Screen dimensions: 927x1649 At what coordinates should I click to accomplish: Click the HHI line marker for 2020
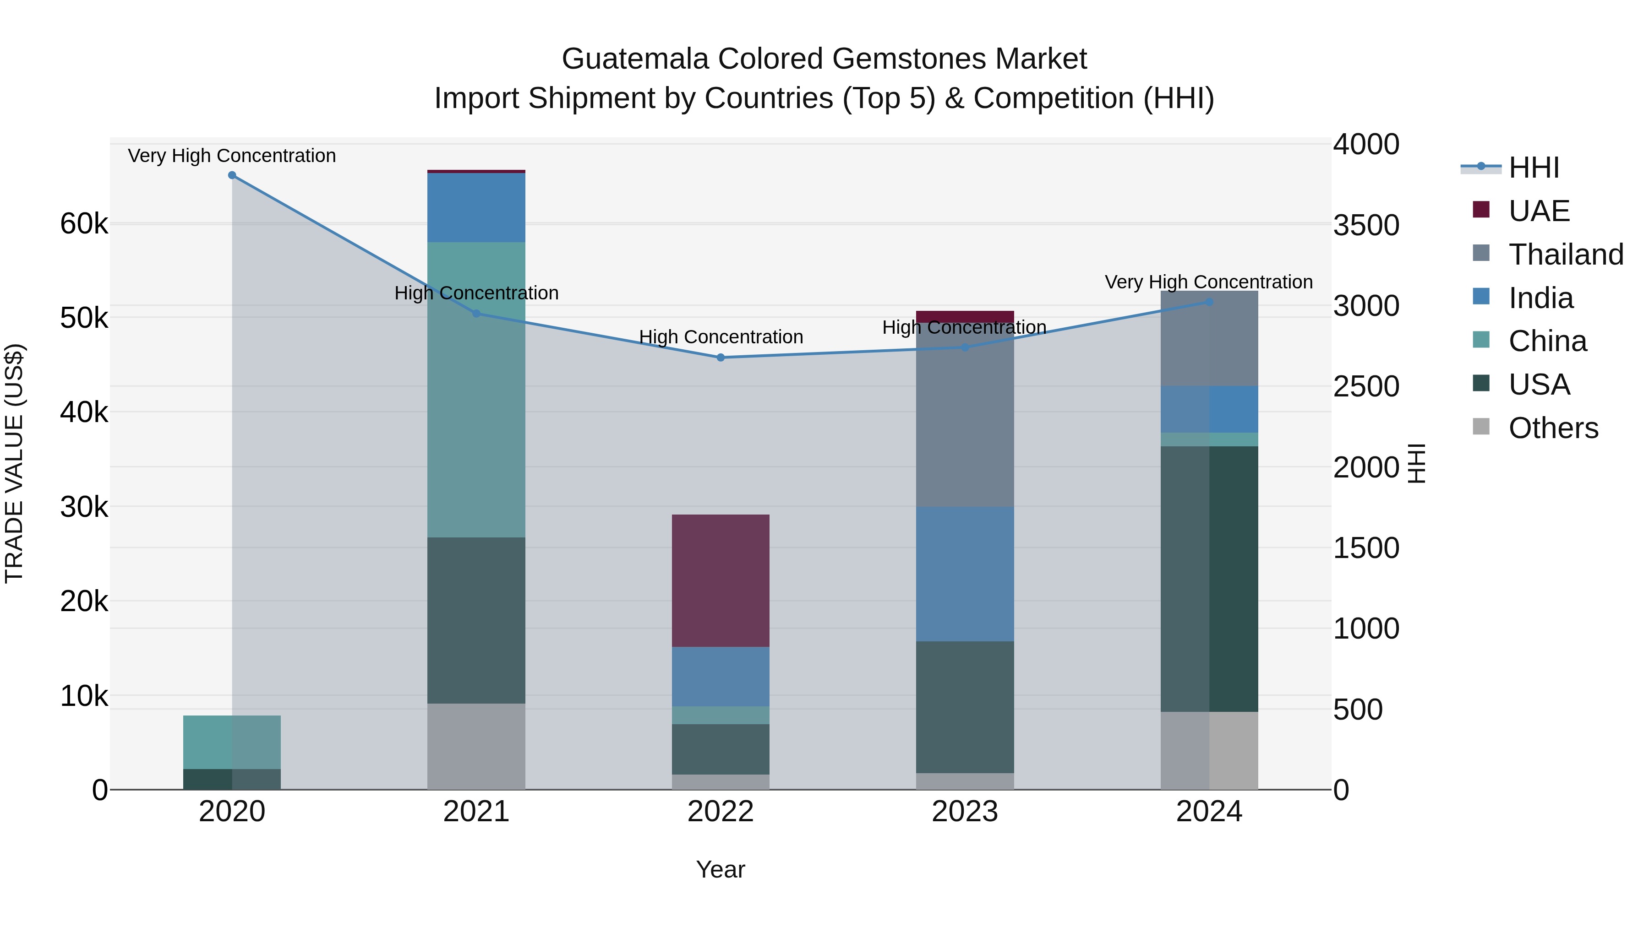[x=232, y=175]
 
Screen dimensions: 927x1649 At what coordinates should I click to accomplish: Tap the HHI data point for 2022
[x=721, y=358]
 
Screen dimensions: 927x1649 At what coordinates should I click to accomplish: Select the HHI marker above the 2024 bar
[x=1209, y=302]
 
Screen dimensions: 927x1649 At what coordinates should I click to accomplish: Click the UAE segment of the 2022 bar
[x=721, y=580]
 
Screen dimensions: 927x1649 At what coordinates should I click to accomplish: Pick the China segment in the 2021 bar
[x=476, y=389]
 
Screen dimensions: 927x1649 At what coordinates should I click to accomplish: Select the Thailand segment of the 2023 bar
[x=965, y=422]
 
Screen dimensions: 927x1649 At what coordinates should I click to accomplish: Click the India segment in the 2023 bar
[x=965, y=574]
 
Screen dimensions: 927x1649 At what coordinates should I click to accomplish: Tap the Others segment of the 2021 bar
[x=476, y=746]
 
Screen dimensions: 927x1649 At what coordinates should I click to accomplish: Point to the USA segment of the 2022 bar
[x=721, y=749]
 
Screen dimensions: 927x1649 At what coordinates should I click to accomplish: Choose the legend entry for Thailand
[x=1566, y=255]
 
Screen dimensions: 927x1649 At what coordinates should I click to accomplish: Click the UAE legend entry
[x=1539, y=211]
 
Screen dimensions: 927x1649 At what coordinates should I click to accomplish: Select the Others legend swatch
[x=1482, y=427]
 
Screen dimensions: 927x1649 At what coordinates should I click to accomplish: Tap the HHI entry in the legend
[x=1534, y=168]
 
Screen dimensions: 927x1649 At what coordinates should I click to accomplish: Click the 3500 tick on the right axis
[x=1366, y=225]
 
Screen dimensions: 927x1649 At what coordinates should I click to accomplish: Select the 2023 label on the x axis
[x=965, y=812]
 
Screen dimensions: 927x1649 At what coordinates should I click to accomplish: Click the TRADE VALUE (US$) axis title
[x=14, y=463]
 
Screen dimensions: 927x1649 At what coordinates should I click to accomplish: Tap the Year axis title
[x=721, y=869]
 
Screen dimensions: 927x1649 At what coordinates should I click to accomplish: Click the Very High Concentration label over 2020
[x=232, y=156]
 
